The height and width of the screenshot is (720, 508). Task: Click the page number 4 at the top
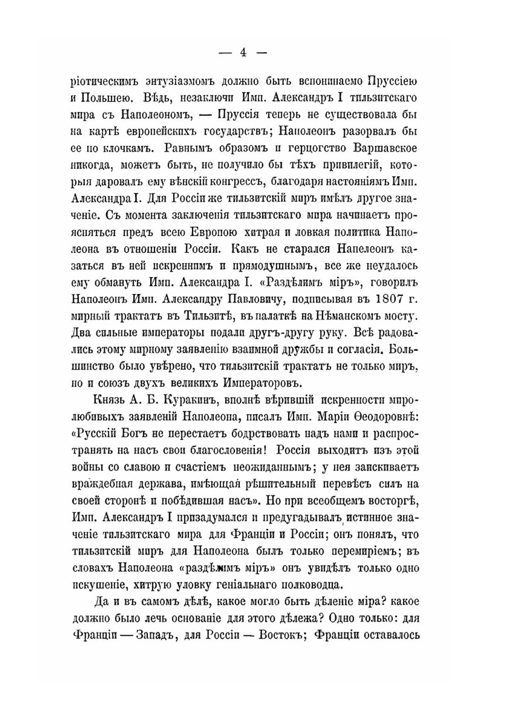click(x=243, y=52)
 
